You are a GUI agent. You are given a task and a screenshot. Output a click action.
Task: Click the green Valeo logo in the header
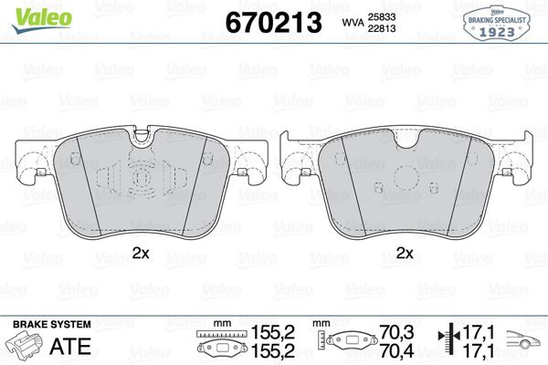[x=31, y=13]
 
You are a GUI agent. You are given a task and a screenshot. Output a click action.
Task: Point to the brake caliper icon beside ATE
[x=27, y=347]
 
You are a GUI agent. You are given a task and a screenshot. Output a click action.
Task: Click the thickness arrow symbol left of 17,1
[x=447, y=341]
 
